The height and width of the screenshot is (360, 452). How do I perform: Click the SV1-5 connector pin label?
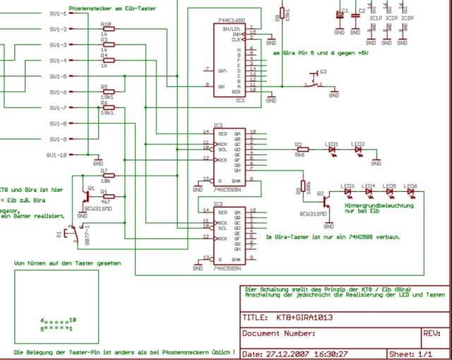pyautogui.click(x=58, y=76)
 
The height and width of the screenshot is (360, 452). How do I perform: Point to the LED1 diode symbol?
pyautogui.click(x=332, y=149)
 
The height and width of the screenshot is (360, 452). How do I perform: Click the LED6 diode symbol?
pyautogui.click(x=410, y=191)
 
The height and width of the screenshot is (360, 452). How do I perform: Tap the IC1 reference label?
pyautogui.click(x=240, y=100)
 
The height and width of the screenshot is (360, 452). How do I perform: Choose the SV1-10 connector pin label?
pyautogui.click(x=57, y=155)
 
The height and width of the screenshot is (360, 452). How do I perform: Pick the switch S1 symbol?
pyautogui.click(x=69, y=232)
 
